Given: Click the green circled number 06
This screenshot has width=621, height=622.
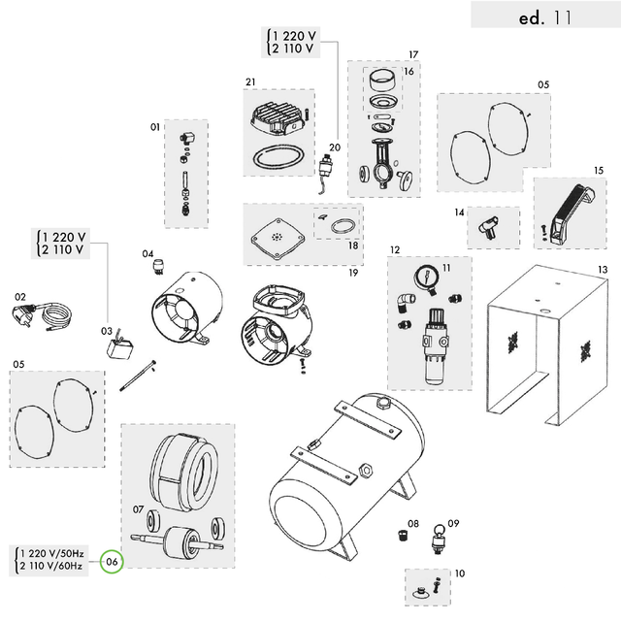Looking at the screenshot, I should click(113, 560).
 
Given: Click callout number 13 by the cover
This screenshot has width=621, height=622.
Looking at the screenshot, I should click(602, 269).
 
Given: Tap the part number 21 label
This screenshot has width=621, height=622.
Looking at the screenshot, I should click(249, 81).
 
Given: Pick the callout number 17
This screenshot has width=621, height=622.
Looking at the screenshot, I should click(413, 54).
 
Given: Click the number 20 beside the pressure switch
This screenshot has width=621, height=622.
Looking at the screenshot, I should click(335, 147).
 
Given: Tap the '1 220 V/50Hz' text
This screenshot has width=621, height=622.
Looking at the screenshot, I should click(51, 553).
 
